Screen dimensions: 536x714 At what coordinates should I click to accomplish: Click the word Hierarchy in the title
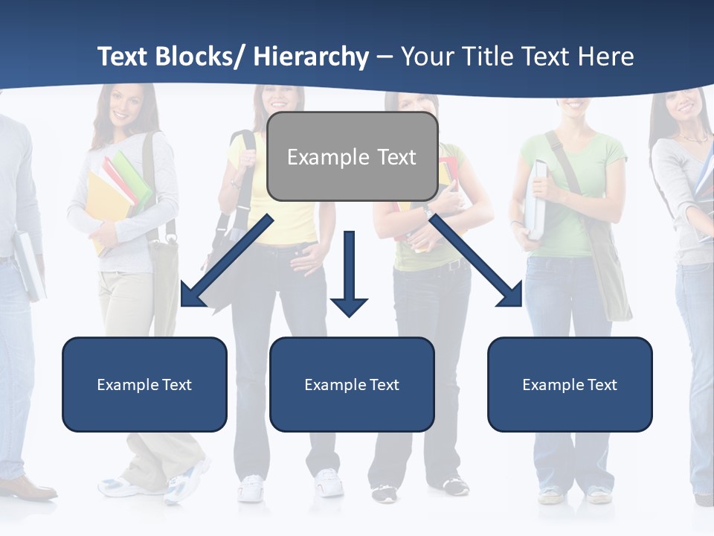pos(311,57)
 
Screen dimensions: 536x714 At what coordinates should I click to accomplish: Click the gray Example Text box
pos(352,157)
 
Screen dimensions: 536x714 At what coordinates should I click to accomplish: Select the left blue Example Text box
pos(144,384)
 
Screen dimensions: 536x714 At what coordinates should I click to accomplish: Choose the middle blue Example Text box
pos(352,384)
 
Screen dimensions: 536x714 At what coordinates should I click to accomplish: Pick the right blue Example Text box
pos(570,384)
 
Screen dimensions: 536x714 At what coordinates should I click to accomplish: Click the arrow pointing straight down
pos(349,272)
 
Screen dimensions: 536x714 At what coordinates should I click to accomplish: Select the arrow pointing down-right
pos(476,261)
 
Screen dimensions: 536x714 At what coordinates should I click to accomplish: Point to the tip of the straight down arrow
pos(349,315)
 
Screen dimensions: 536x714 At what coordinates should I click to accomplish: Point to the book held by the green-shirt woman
pos(535,197)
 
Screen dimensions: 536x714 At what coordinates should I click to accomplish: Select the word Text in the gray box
pos(394,157)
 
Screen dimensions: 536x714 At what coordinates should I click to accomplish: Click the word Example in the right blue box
pos(548,384)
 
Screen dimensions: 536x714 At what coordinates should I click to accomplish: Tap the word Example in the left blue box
pos(123,384)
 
